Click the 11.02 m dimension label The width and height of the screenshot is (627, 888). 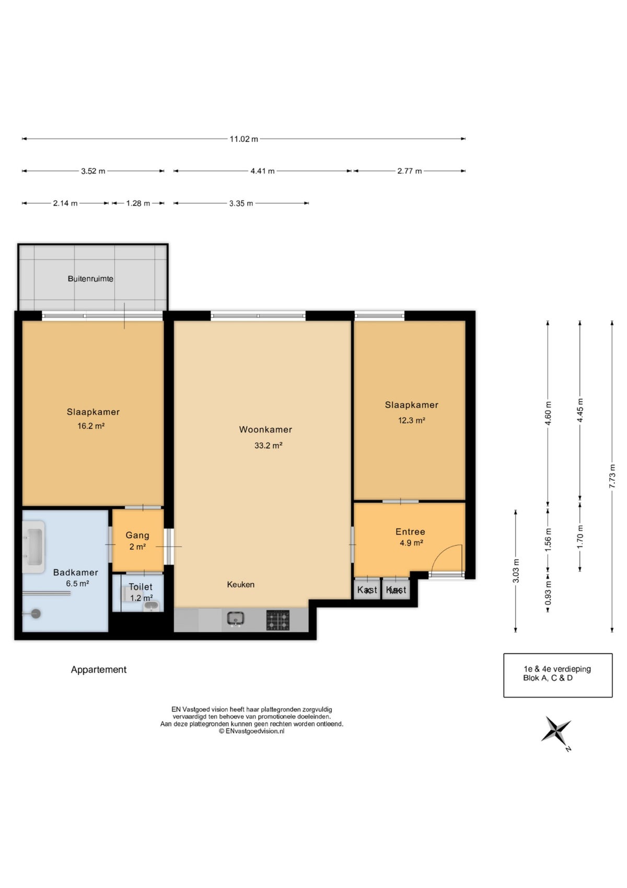(x=243, y=139)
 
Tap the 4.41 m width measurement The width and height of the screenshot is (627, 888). (x=262, y=171)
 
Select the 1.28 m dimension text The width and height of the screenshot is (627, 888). (x=138, y=203)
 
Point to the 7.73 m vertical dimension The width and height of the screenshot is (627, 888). (x=612, y=476)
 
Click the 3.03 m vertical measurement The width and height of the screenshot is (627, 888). (x=516, y=571)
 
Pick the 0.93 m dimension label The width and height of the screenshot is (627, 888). (x=548, y=593)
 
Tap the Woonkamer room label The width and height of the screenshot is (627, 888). (x=265, y=429)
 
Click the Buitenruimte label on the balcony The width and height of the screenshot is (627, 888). (x=90, y=279)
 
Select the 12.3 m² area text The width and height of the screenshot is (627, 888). (x=412, y=420)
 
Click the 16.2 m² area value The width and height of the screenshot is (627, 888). (x=91, y=426)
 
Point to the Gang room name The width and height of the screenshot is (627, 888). (x=137, y=535)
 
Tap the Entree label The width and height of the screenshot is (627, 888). (x=410, y=532)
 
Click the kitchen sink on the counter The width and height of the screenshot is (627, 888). (x=235, y=619)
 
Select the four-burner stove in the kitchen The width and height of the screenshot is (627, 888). (x=277, y=620)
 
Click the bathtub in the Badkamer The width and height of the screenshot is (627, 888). (x=33, y=547)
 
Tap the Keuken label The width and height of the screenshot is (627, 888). (x=240, y=584)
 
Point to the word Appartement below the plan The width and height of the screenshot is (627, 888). (x=99, y=669)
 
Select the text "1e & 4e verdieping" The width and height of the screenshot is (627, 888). (x=557, y=669)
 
